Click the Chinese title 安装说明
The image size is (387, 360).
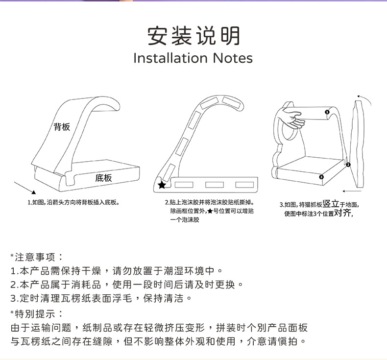pyautogui.click(x=193, y=36)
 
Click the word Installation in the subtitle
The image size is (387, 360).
pyautogui.click(x=170, y=58)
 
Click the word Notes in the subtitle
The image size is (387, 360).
pyautogui.click(x=233, y=58)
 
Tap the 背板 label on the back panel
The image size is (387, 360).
pyautogui.click(x=62, y=127)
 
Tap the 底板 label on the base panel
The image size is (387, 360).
pyautogui.click(x=103, y=178)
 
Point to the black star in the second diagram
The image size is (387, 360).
pyautogui.click(x=162, y=185)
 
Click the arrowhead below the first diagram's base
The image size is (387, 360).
pyautogui.click(x=34, y=192)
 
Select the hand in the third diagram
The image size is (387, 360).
pyautogui.click(x=291, y=119)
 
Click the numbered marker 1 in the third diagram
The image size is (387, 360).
pyautogui.click(x=327, y=112)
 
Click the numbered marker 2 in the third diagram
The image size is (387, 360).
pyautogui.click(x=348, y=165)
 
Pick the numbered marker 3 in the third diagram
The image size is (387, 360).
pyautogui.click(x=321, y=177)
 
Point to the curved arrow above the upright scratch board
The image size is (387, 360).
pyautogui.click(x=365, y=98)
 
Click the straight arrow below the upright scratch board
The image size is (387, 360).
pyautogui.click(x=352, y=191)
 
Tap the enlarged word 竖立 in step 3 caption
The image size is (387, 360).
pyautogui.click(x=331, y=204)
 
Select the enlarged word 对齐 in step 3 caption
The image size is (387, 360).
pyautogui.click(x=342, y=213)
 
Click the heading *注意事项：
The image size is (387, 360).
pyautogui.click(x=37, y=257)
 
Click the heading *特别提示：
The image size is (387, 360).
pyautogui.click(x=37, y=314)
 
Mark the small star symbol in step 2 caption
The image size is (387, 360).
pyautogui.click(x=210, y=211)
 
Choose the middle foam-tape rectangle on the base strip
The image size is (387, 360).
pyautogui.click(x=215, y=185)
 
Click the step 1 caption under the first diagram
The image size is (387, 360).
pyautogui.click(x=73, y=203)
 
